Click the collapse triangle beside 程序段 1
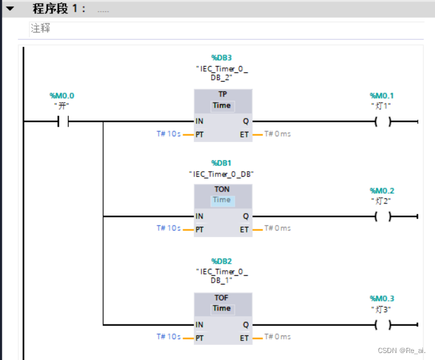(x=10, y=9)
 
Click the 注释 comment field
(x=41, y=29)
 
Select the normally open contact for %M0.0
(x=63, y=122)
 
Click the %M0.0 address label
(x=62, y=96)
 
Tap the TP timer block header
(x=222, y=94)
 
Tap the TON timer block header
(x=222, y=190)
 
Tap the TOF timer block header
(x=222, y=298)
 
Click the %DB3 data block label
(x=222, y=58)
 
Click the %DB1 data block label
(x=222, y=163)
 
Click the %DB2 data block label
(x=222, y=261)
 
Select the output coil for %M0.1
(x=382, y=122)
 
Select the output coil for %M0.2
(x=382, y=217)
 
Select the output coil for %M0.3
(x=382, y=325)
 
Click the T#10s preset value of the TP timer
(x=168, y=134)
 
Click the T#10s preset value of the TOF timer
(x=168, y=337)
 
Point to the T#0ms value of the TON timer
(x=278, y=228)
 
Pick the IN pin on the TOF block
(x=200, y=325)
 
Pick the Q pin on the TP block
(x=245, y=122)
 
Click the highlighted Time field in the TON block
(x=222, y=200)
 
